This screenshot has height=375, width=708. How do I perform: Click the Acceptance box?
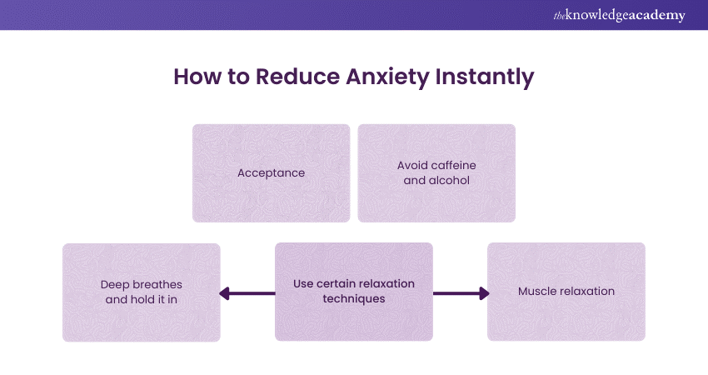click(271, 173)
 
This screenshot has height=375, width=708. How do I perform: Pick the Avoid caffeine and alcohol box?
click(436, 173)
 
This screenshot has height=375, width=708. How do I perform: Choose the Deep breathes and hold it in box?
click(141, 292)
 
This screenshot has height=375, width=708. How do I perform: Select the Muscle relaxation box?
click(566, 292)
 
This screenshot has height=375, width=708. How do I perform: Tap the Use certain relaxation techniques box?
click(354, 292)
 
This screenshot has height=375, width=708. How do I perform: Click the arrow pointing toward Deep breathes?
click(247, 292)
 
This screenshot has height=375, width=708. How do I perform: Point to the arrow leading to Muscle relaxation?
click(461, 292)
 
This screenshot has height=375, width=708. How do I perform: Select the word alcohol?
click(450, 180)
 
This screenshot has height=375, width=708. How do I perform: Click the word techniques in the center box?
click(354, 299)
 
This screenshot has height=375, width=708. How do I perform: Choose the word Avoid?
click(413, 166)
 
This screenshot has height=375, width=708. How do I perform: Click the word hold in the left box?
click(142, 299)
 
